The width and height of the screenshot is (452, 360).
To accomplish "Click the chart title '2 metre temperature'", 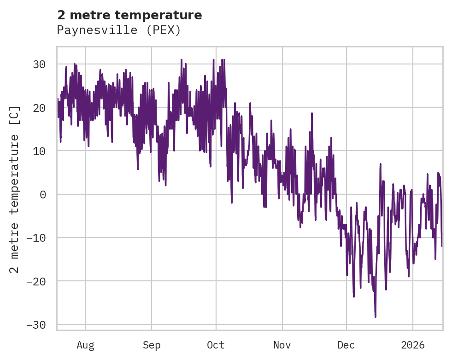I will pos(129,15).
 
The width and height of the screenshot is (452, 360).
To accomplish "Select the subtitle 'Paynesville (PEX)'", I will pos(119,30).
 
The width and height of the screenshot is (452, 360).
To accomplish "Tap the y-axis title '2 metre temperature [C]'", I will pos(15,189).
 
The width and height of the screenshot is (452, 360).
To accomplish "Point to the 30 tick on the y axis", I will pos(39,64).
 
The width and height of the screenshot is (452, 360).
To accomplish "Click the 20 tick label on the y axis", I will pos(39,108).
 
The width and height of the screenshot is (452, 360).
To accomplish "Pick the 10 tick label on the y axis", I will pos(39,151).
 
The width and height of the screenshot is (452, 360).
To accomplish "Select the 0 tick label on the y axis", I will pos(42,194).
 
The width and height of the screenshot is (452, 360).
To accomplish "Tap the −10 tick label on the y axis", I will pos(36,238).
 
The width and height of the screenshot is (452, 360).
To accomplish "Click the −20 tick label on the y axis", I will pos(36,281).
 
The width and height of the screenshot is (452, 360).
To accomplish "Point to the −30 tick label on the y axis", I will pos(36,325).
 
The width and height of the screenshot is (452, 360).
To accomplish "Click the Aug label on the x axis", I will pos(86,345).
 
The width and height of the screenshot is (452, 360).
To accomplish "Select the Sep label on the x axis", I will pos(151,345).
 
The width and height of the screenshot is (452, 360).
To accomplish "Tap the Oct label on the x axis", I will pos(216,345).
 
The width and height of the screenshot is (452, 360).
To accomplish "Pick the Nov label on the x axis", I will pos(282,345).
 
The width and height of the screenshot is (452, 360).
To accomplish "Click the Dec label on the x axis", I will pos(346,345).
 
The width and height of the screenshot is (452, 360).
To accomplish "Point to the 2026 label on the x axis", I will pos(413,345).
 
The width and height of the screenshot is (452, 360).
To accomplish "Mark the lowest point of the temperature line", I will pos(376,317).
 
